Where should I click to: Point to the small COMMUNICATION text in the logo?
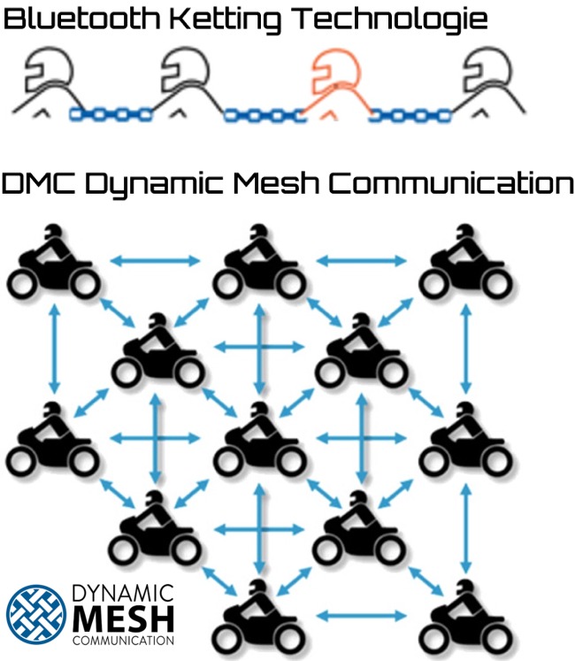(124, 637)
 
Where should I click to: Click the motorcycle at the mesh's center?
(259, 439)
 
